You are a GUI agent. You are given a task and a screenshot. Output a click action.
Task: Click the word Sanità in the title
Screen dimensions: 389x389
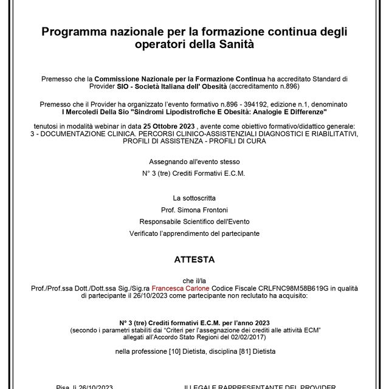(x=235, y=45)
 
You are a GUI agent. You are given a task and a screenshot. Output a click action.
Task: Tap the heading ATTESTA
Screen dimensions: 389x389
(x=194, y=258)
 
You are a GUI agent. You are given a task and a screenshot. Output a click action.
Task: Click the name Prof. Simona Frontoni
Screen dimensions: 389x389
(x=194, y=210)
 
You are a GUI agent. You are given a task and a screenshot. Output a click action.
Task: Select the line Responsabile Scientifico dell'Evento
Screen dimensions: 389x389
(x=194, y=221)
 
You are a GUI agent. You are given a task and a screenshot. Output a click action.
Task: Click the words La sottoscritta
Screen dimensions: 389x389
(x=194, y=198)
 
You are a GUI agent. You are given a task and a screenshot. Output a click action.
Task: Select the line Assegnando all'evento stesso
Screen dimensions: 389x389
(x=194, y=162)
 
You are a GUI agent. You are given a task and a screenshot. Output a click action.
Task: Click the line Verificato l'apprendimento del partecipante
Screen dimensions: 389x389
(x=194, y=233)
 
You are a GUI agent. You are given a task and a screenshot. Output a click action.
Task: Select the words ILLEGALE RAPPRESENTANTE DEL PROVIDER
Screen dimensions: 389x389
(x=261, y=385)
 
